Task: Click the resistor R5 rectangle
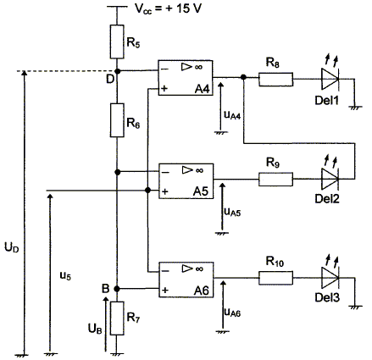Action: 117,42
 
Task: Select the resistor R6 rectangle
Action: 117,120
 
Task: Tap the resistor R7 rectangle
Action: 117,318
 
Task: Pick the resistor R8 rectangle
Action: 275,80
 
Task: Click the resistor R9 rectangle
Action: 275,180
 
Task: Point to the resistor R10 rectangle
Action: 275,278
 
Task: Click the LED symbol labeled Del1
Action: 330,75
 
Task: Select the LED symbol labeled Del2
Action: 330,175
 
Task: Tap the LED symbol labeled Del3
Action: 330,274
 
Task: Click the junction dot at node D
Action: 118,71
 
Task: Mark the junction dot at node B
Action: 117,289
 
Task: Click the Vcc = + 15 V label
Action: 168,8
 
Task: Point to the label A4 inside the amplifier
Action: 203,89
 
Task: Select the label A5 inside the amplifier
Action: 201,191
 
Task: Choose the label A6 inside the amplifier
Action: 202,291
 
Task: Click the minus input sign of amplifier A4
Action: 164,69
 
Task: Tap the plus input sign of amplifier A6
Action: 165,291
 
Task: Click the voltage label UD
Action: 12,247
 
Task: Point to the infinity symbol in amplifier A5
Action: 199,170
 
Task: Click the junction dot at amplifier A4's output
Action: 243,77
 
